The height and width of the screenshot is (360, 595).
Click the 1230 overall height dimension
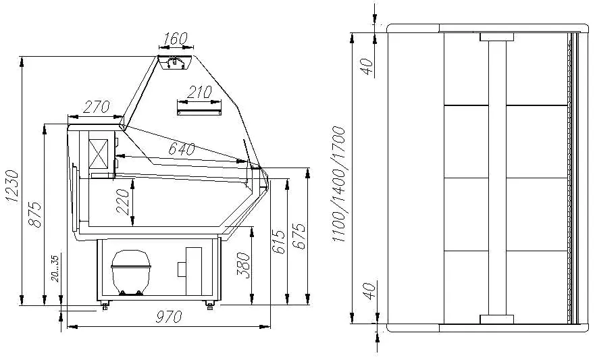click(x=13, y=186)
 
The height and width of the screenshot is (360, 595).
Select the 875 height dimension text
click(x=35, y=215)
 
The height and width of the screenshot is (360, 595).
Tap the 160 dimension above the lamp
click(x=176, y=38)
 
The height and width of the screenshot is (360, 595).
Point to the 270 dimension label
click(x=97, y=107)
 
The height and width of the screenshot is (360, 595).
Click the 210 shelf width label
click(x=199, y=92)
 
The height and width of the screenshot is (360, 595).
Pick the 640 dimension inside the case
click(x=182, y=149)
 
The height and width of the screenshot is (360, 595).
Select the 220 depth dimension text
click(x=123, y=202)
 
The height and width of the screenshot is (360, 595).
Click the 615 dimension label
click(x=278, y=242)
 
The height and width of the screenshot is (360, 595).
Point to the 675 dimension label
click(x=299, y=236)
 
